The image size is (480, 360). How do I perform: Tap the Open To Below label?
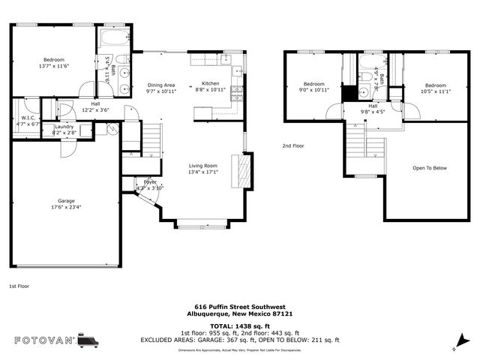pyautogui.click(x=429, y=167)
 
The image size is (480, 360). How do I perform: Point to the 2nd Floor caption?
pyautogui.click(x=293, y=146)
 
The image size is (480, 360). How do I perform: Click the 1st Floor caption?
pyautogui.click(x=19, y=286)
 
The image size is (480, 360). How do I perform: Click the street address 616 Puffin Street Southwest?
pyautogui.click(x=239, y=307)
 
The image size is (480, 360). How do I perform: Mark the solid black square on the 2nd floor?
pyautogui.click(x=349, y=94)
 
